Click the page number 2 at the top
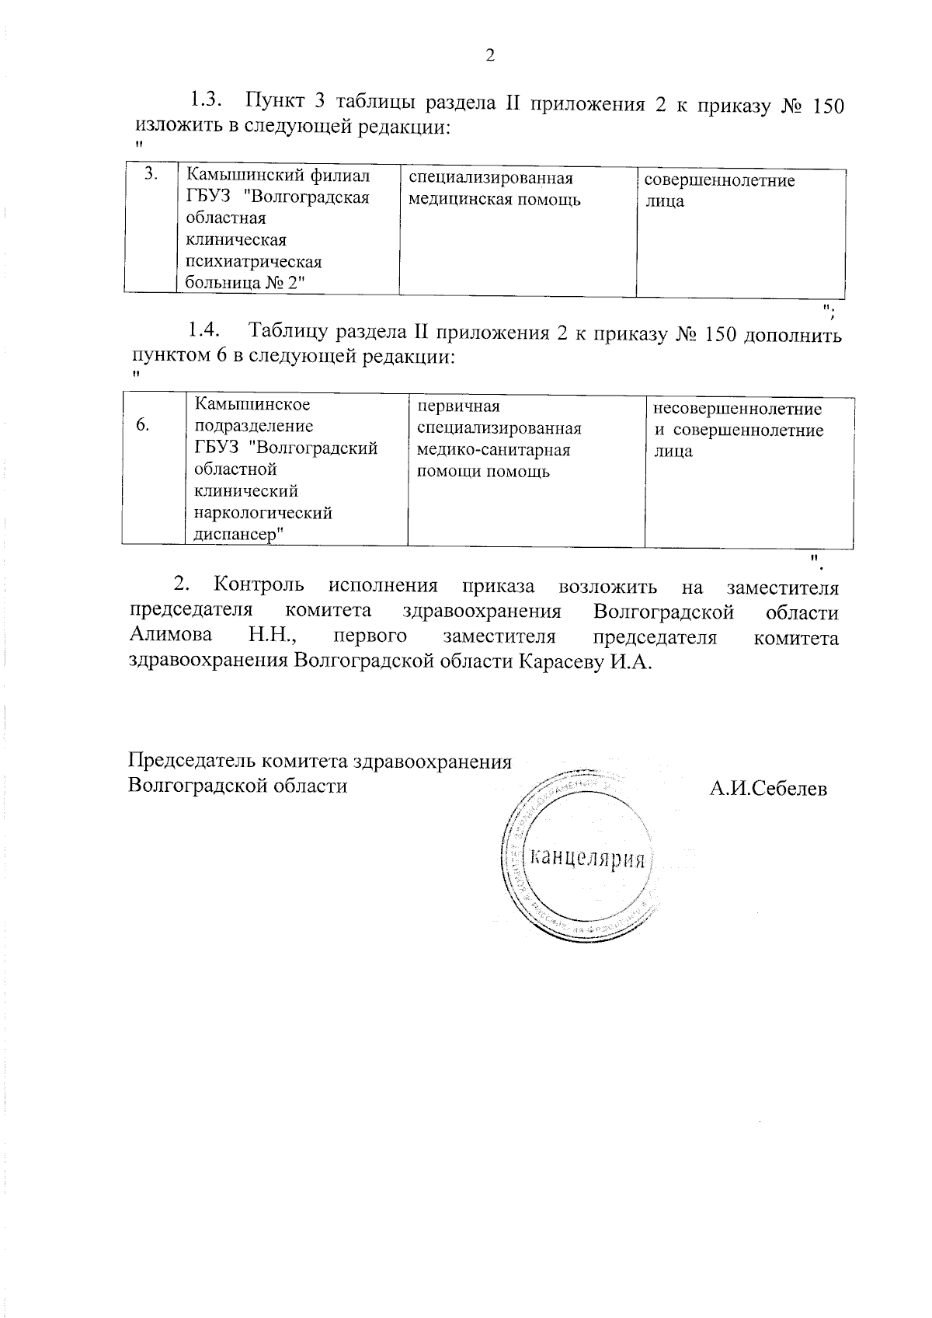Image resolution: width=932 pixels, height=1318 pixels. coord(489,55)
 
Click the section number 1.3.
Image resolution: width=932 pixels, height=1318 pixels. coord(206,100)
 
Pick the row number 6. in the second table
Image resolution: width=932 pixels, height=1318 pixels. coord(143,424)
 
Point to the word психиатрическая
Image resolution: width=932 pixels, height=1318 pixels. coord(254,262)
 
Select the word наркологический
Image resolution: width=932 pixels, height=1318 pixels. coord(263,513)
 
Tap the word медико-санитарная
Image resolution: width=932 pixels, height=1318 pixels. coord(493,450)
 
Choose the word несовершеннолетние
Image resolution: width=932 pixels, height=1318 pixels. coord(737,409)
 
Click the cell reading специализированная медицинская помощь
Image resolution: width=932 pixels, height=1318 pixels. coord(495,189)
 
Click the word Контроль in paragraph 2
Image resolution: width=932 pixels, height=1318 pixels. coord(259,584)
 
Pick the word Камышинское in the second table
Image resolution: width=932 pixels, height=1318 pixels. coord(252,404)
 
